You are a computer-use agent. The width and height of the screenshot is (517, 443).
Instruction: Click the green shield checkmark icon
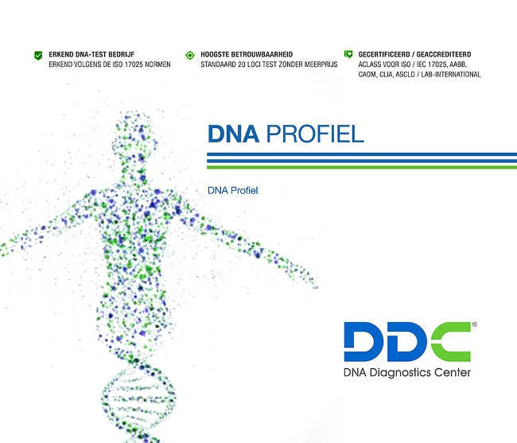pyautogui.click(x=37, y=55)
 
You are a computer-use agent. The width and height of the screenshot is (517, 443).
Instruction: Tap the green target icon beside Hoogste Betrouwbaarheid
pyautogui.click(x=189, y=55)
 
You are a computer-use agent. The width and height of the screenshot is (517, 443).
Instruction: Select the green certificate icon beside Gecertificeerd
pyautogui.click(x=348, y=55)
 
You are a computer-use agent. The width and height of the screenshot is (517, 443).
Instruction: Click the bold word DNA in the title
pyautogui.click(x=233, y=133)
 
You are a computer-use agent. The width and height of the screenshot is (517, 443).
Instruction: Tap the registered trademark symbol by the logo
pyautogui.click(x=475, y=325)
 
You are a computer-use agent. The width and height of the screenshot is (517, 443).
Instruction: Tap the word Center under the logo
pyautogui.click(x=452, y=372)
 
